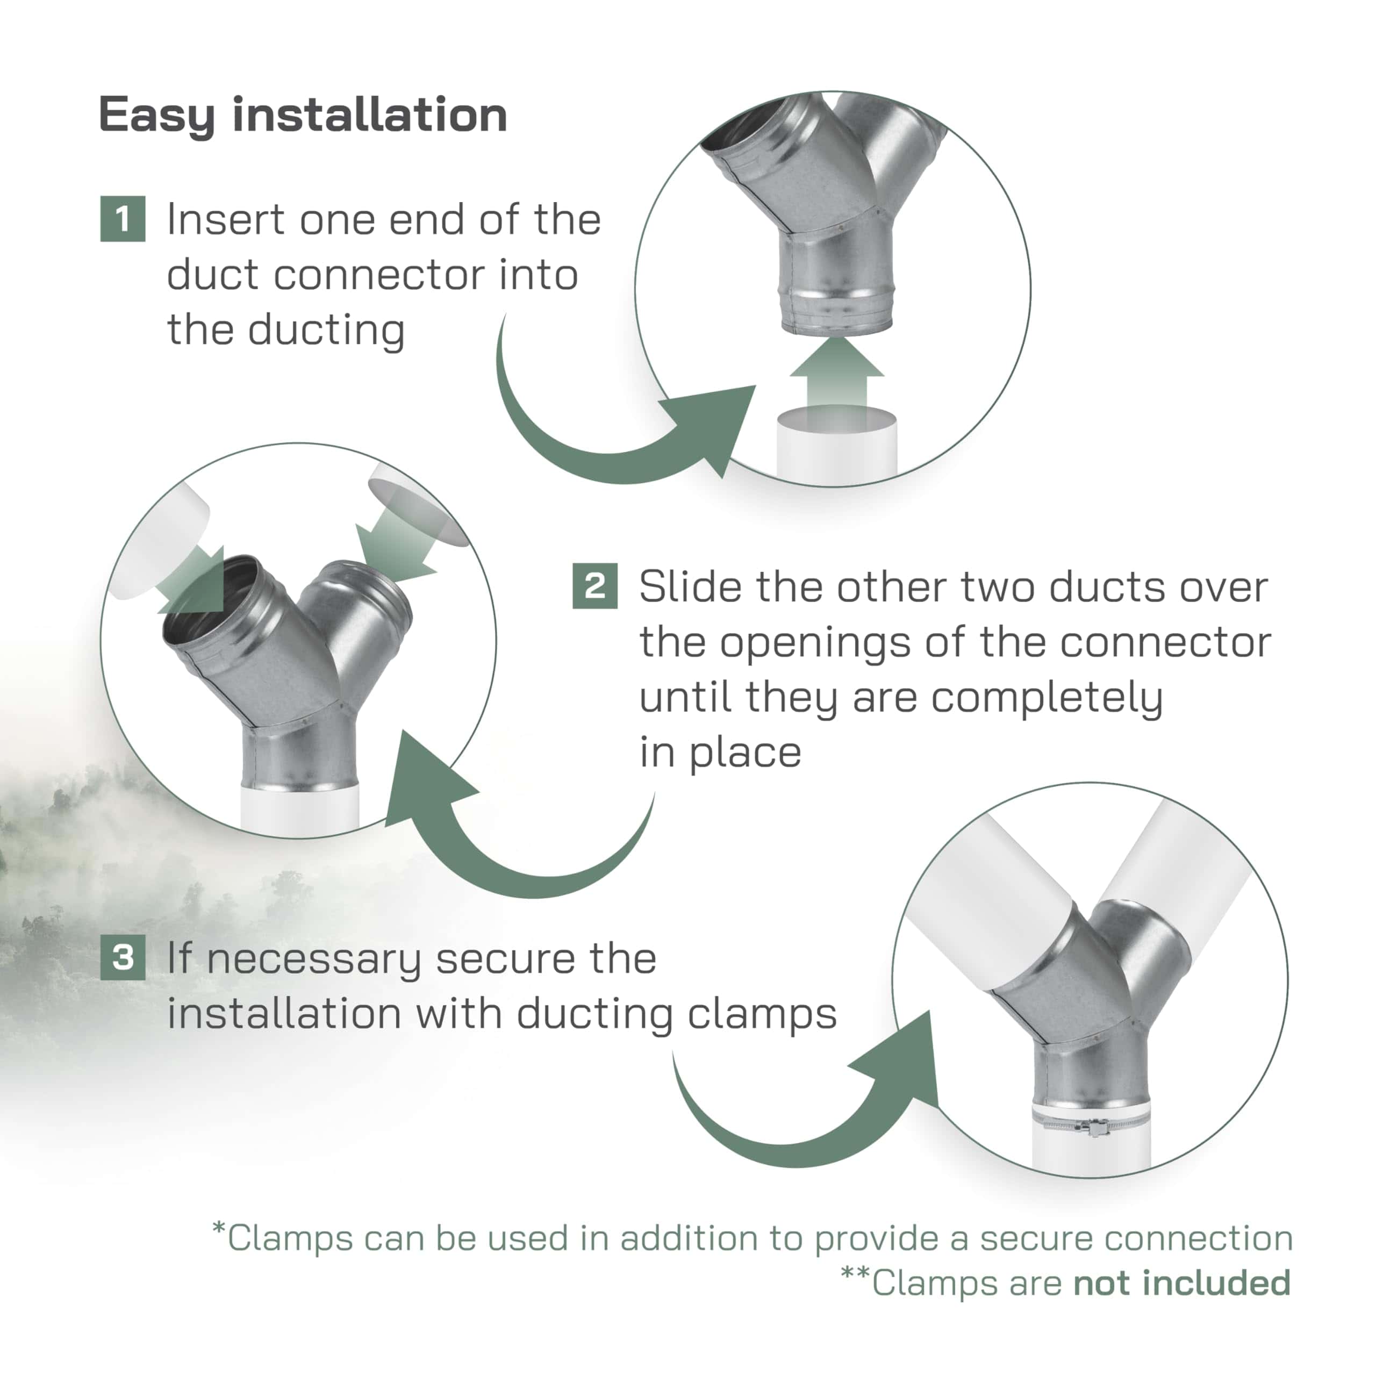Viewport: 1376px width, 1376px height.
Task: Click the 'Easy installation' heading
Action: pyautogui.click(x=303, y=116)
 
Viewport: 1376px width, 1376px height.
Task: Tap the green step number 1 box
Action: pyautogui.click(x=123, y=219)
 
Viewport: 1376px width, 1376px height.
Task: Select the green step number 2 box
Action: pyautogui.click(x=594, y=586)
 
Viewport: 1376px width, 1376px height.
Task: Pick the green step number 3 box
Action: pyautogui.click(x=123, y=957)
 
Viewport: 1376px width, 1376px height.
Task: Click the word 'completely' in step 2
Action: pyautogui.click(x=1047, y=698)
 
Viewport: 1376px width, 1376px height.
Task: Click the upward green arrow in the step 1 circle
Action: pyautogui.click(x=837, y=377)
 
